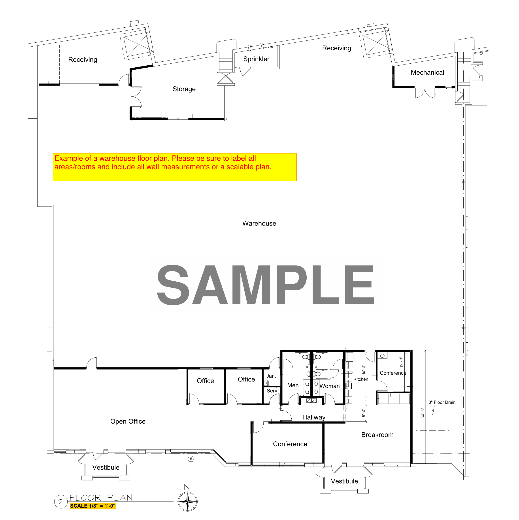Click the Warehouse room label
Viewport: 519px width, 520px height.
(x=259, y=223)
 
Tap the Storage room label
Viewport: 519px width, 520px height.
(x=184, y=89)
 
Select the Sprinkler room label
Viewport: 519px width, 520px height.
(x=256, y=59)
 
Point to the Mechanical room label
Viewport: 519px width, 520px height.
(x=427, y=72)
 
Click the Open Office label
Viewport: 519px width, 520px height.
(x=128, y=421)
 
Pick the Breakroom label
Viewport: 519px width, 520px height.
(x=377, y=435)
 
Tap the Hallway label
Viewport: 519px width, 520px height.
(x=314, y=417)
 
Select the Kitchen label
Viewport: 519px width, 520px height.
(x=361, y=379)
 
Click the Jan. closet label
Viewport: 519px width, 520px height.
(x=271, y=376)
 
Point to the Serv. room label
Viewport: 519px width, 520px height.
(x=272, y=391)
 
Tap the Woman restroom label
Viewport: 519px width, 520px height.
(x=329, y=386)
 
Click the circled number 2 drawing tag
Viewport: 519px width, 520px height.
(x=60, y=501)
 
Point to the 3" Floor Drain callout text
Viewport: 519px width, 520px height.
(x=442, y=402)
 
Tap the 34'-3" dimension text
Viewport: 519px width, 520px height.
(x=423, y=413)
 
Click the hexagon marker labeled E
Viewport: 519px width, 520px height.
(x=191, y=459)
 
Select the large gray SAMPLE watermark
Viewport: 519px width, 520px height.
(x=265, y=285)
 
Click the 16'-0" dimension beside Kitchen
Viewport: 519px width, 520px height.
(x=364, y=370)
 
